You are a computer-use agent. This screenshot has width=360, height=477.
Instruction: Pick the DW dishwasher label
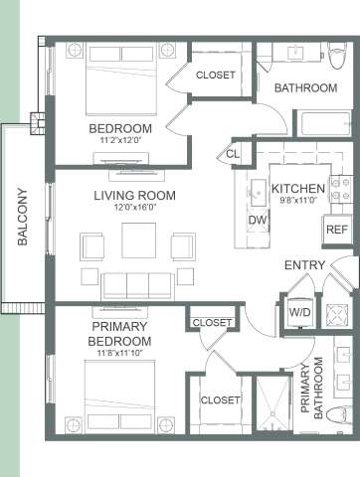pyautogui.click(x=257, y=220)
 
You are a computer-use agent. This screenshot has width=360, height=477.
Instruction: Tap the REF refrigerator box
pyautogui.click(x=335, y=230)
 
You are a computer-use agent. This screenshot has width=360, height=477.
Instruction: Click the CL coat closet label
pyautogui.click(x=233, y=154)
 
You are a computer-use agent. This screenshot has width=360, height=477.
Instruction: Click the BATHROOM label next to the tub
pyautogui.click(x=305, y=87)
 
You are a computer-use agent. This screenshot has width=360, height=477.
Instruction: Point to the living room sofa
pyautogui.click(x=137, y=284)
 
